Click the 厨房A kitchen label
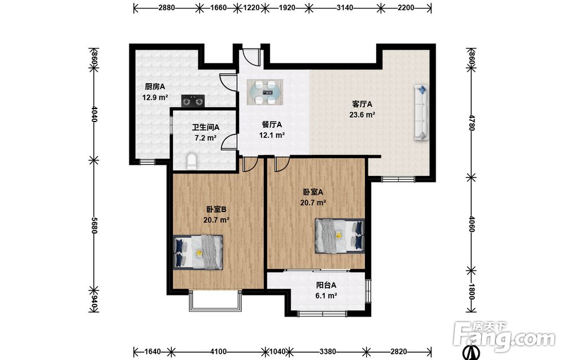click(155, 86)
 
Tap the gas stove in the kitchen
click(193, 101)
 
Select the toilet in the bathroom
click(192, 161)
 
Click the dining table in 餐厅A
click(265, 92)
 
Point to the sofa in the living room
click(421, 112)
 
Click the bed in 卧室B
click(197, 252)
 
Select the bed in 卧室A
click(340, 236)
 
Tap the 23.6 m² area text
click(362, 115)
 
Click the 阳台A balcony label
click(326, 285)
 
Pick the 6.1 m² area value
click(326, 296)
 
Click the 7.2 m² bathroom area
click(206, 138)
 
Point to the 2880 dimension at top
click(167, 7)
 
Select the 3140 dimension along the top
click(345, 7)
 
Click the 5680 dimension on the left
click(94, 225)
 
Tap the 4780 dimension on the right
click(472, 123)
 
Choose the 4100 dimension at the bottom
click(218, 352)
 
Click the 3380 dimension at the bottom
click(328, 352)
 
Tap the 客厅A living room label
click(362, 104)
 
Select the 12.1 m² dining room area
click(272, 136)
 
